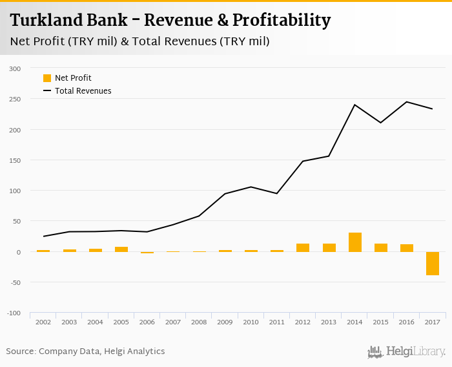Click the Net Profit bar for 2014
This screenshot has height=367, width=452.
[354, 242]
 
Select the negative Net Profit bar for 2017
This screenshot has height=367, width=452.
[433, 264]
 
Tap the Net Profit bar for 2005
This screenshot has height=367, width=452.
[121, 249]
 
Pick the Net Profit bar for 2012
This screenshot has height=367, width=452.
[303, 247]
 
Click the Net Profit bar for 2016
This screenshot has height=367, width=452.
[407, 248]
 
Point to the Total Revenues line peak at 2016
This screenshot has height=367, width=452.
[407, 101]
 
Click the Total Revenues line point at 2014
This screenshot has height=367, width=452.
[354, 105]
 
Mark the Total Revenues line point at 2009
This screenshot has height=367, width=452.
[225, 194]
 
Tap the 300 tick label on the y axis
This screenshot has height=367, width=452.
[15, 68]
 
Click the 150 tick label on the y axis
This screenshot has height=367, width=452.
[15, 160]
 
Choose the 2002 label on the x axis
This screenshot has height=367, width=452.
[43, 322]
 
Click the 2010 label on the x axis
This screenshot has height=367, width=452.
[251, 322]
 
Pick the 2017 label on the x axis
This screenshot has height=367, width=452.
[433, 322]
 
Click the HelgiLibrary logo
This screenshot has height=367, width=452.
[407, 352]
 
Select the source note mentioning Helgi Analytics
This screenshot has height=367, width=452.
[85, 351]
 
